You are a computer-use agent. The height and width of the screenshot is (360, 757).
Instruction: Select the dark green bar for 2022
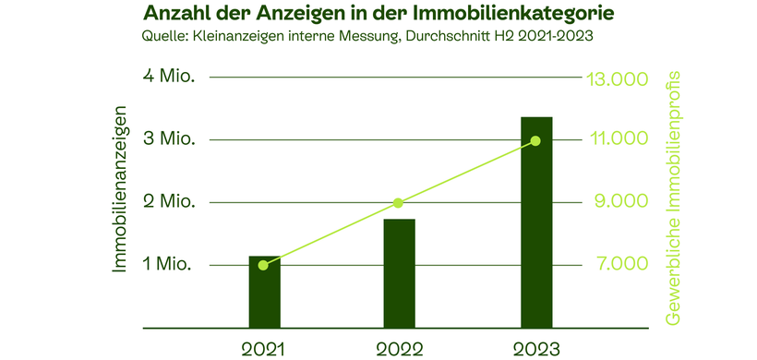400,274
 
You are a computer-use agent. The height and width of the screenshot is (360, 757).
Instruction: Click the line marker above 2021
264,265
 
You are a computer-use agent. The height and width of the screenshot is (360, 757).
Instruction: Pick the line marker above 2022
398,203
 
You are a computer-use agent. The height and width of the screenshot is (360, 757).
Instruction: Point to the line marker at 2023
535,140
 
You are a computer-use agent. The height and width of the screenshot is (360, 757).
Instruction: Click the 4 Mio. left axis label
170,77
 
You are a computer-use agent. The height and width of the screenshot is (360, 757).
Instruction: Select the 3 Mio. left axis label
170,139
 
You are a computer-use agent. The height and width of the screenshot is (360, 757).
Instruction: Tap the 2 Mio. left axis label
170,202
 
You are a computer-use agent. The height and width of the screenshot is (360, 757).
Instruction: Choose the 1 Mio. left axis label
170,265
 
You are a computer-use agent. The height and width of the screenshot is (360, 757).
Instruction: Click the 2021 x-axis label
264,348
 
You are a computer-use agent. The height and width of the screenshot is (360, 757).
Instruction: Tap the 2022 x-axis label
399,348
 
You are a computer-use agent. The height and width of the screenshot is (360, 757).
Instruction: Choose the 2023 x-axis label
535,348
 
